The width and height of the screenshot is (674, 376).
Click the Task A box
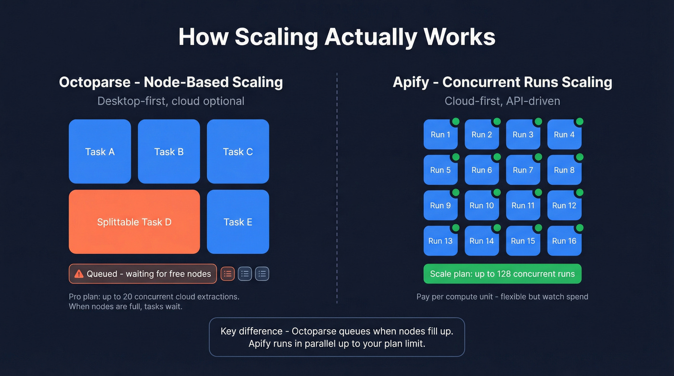coord(100,151)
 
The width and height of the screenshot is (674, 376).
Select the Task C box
coord(238,151)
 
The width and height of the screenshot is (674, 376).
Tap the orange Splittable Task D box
coord(134,221)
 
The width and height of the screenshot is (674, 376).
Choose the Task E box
coord(238,221)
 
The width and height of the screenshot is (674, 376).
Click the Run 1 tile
coord(440,135)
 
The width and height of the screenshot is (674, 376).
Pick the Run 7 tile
coord(523,170)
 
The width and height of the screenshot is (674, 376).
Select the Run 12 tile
coord(564,206)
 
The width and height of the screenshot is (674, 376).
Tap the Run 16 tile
coord(564,241)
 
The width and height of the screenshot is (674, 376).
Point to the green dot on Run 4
coord(580,121)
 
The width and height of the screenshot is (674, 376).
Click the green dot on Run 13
coord(455,228)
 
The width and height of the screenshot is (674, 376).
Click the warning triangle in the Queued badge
coord(79,274)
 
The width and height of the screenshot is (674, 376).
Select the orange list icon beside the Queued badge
coord(228,274)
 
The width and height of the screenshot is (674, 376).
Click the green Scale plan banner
coord(502,274)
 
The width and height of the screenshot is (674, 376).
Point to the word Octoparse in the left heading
coord(94,82)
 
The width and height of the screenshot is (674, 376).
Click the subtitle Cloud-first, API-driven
coord(502,101)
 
